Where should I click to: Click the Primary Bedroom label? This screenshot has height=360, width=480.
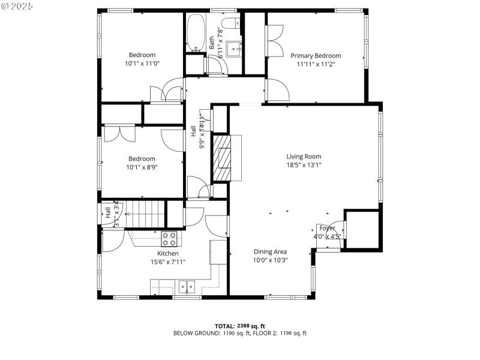pyautogui.click(x=316, y=56)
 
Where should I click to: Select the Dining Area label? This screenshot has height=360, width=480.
pyautogui.click(x=270, y=252)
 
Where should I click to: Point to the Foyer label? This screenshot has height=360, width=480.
pyautogui.click(x=327, y=228)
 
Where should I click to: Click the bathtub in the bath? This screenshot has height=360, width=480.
pyautogui.click(x=195, y=32)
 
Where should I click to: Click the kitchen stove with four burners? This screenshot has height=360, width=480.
pyautogui.click(x=170, y=239)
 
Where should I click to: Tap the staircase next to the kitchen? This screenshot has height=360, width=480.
pyautogui.click(x=145, y=214)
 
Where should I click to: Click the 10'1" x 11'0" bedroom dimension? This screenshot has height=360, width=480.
pyautogui.click(x=142, y=63)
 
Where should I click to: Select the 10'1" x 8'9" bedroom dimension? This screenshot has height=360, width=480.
pyautogui.click(x=142, y=167)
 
